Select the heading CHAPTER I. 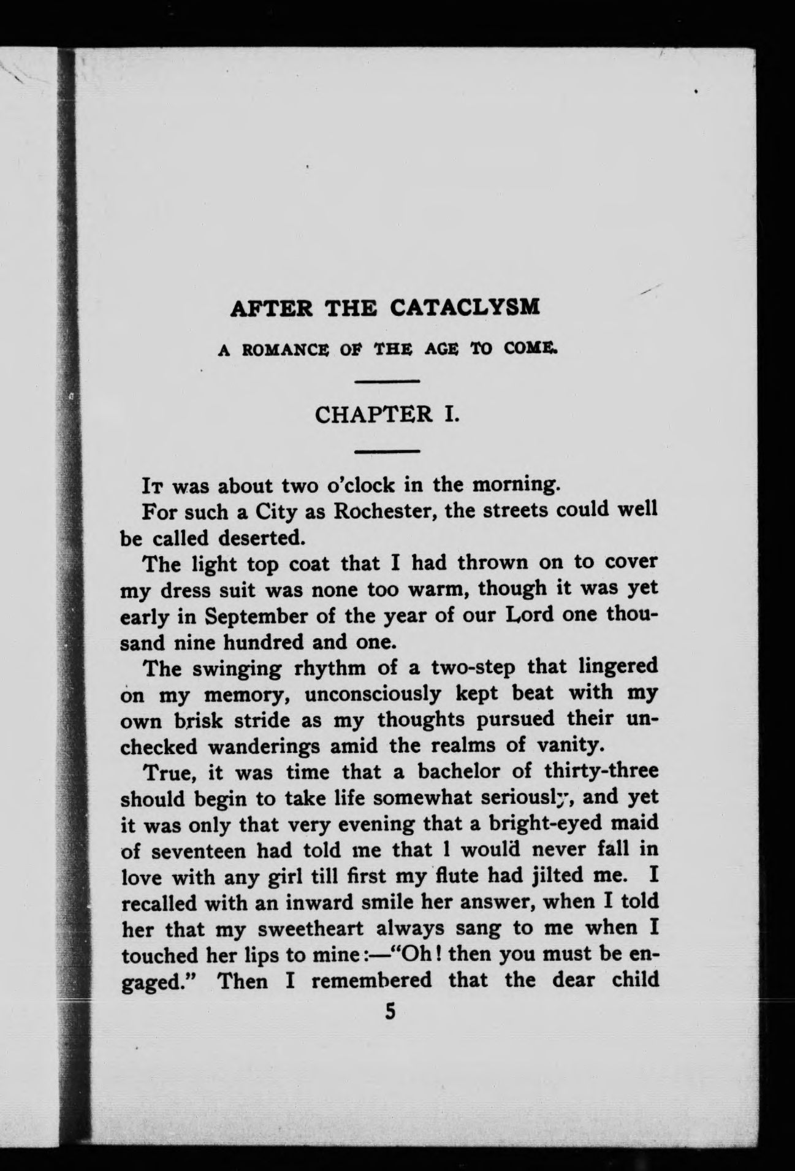tap(387, 415)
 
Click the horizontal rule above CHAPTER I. tap(387, 383)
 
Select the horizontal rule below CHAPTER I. tap(387, 452)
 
